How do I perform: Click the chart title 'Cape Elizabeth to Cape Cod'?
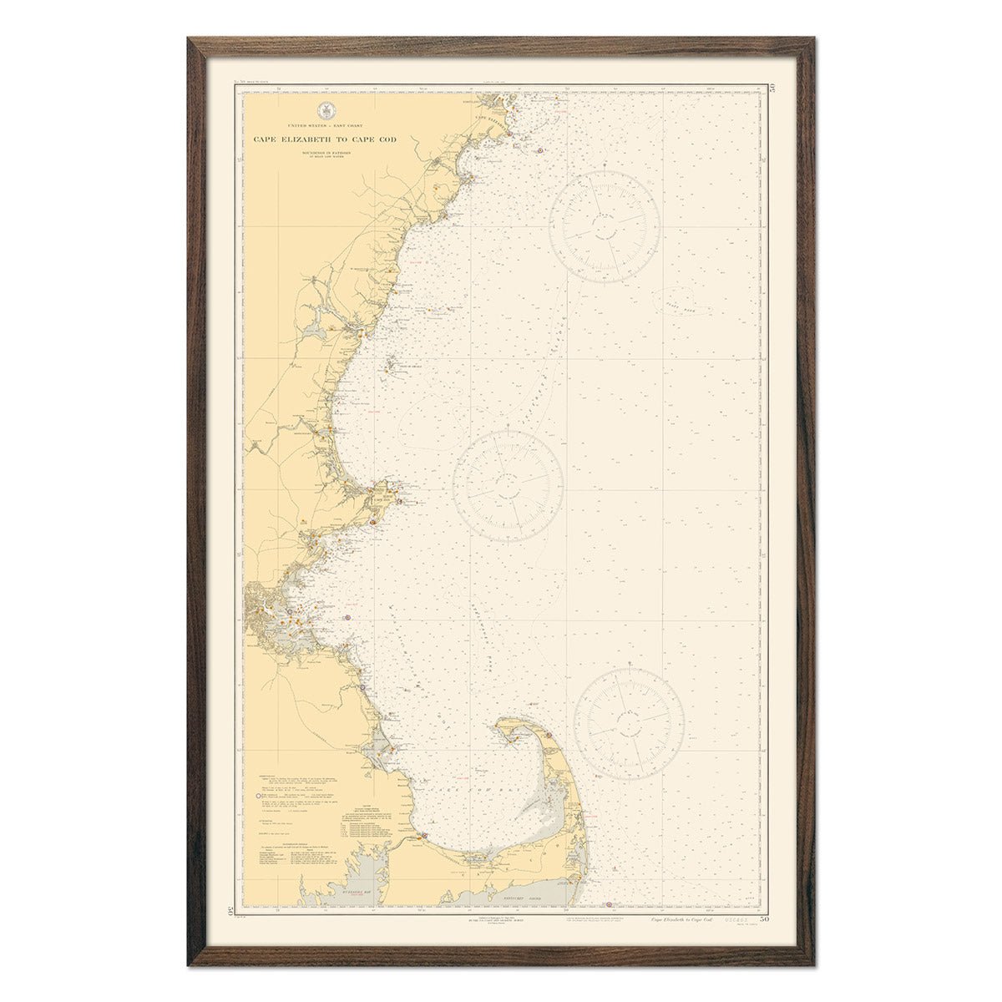325,139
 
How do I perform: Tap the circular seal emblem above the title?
325,110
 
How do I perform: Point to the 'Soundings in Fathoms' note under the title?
325,154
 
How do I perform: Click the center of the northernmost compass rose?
605,226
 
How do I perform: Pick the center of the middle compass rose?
508,486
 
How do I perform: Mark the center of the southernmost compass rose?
629,722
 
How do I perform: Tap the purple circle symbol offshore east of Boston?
347,618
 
